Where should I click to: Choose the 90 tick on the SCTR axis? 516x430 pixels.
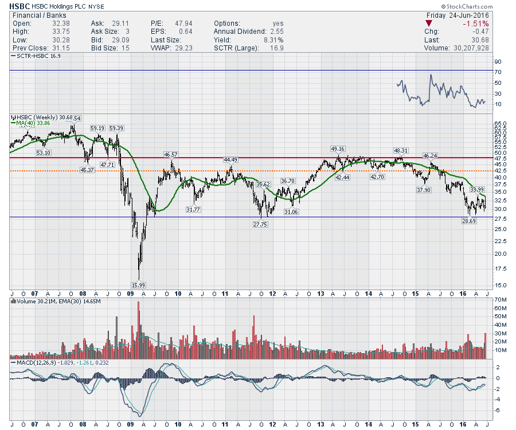pyautogui.click(x=498, y=61)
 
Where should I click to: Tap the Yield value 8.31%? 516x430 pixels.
pyautogui.click(x=272, y=40)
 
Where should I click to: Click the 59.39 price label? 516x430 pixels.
pyautogui.click(x=117, y=128)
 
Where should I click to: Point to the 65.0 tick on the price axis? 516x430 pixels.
pyautogui.click(x=500, y=124)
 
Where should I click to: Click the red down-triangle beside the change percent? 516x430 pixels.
pyautogui.click(x=429, y=24)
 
